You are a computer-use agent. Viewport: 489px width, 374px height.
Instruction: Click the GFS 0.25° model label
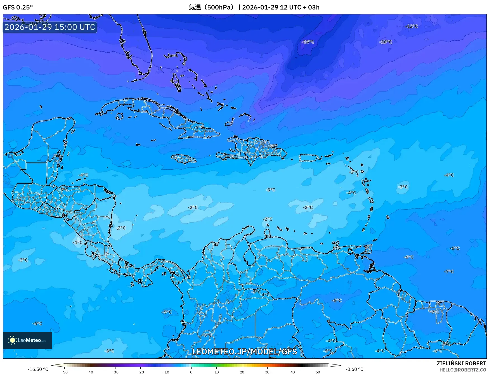[x=18, y=7]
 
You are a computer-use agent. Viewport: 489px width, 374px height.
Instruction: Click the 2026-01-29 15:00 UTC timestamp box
[x=50, y=27]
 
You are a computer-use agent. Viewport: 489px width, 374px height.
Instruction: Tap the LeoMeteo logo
[x=27, y=340]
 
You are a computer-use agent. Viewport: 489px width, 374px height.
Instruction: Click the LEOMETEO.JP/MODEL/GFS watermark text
[x=244, y=351]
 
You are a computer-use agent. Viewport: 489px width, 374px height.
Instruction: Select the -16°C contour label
[x=308, y=42]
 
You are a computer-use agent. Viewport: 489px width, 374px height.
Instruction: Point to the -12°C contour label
[x=411, y=26]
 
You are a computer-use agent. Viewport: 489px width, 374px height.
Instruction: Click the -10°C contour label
[x=386, y=42]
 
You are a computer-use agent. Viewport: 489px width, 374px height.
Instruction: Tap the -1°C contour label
[x=77, y=242]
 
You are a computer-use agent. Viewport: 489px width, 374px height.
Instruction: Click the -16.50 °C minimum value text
[x=38, y=369]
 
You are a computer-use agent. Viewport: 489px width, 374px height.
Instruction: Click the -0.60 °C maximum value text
[x=354, y=369]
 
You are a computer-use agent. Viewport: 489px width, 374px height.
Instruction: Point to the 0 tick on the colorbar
[x=191, y=372]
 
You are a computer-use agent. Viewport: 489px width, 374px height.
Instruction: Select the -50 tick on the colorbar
[x=64, y=372]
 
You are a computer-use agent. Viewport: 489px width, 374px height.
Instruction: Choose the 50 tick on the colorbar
[x=318, y=372]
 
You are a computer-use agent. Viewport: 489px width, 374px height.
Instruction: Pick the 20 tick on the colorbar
[x=242, y=372]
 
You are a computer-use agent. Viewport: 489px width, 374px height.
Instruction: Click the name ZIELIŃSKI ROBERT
[x=461, y=363]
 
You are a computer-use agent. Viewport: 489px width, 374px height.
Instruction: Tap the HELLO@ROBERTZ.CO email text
[x=462, y=370]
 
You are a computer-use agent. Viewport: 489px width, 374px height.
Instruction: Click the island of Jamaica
[x=184, y=159]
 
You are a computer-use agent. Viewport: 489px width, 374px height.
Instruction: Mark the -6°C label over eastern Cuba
[x=199, y=127]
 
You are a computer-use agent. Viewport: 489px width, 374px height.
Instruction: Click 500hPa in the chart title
[x=220, y=7]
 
